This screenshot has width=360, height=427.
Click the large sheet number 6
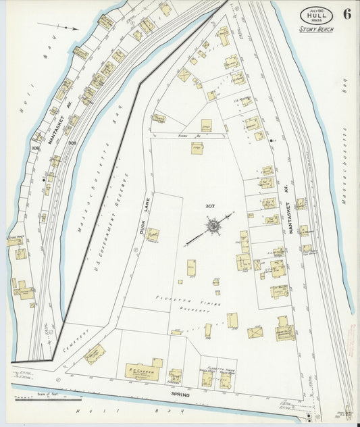[346, 14]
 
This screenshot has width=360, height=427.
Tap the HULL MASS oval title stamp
[316, 16]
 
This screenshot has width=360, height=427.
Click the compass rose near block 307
[213, 225]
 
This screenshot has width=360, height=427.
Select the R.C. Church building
[143, 371]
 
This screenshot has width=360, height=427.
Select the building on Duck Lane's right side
[153, 234]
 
